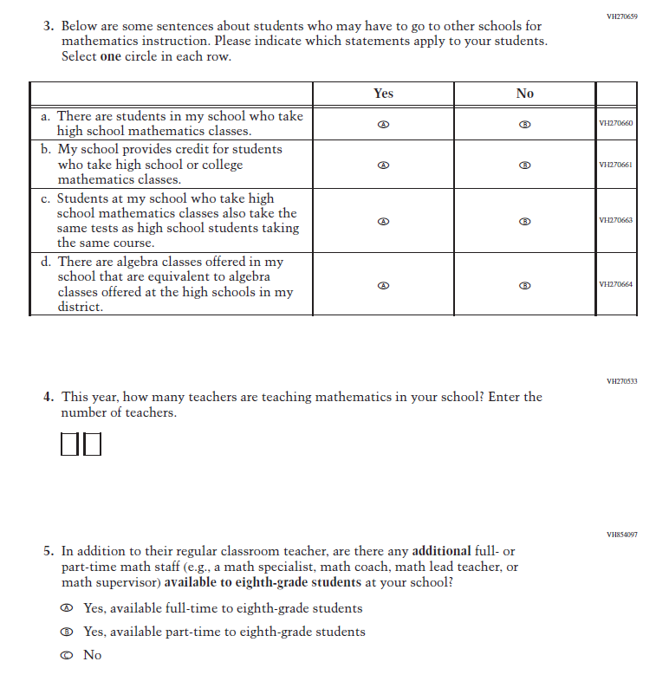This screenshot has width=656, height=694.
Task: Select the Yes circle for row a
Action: pyautogui.click(x=383, y=125)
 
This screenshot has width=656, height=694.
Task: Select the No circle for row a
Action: pyautogui.click(x=524, y=125)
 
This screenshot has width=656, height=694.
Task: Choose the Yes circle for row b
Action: pyautogui.click(x=383, y=165)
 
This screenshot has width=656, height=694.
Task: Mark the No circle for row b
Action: pyautogui.click(x=524, y=165)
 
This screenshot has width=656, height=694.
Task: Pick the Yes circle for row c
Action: pyautogui.click(x=383, y=221)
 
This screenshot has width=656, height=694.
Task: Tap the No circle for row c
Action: pyautogui.click(x=524, y=221)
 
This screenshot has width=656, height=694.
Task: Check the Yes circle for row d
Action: pyautogui.click(x=383, y=285)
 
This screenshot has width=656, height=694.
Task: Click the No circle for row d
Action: pyautogui.click(x=524, y=285)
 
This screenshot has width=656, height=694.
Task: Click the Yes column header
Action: pyautogui.click(x=383, y=94)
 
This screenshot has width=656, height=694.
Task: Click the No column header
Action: pyautogui.click(x=524, y=94)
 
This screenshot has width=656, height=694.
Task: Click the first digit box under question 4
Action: pyautogui.click(x=70, y=445)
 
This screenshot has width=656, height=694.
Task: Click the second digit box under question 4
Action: pyautogui.click(x=93, y=445)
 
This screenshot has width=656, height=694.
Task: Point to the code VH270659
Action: pyautogui.click(x=622, y=16)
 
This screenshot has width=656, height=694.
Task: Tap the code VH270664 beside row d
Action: pyautogui.click(x=615, y=285)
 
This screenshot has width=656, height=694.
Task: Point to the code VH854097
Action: pyautogui.click(x=622, y=535)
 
